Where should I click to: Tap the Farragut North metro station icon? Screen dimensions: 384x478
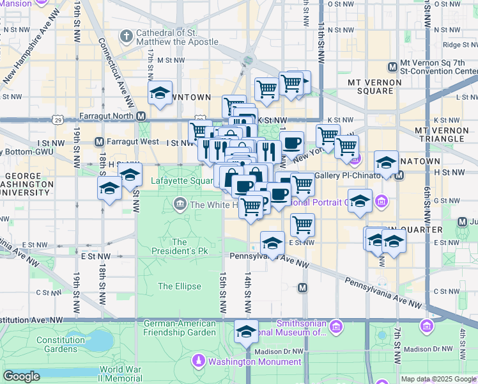pyautogui.click(x=141, y=116)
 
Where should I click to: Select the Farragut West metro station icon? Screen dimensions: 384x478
pyautogui.click(x=99, y=141)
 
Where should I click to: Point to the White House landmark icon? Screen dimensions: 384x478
pyautogui.click(x=180, y=205)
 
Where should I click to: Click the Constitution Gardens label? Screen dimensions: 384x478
pyautogui.click(x=61, y=344)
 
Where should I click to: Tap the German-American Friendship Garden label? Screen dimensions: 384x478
pyautogui.click(x=180, y=328)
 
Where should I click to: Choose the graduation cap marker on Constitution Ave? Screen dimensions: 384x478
pyautogui.click(x=246, y=332)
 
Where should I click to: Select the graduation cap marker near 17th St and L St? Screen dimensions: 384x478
pyautogui.click(x=160, y=93)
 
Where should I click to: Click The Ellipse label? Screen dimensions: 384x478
pyautogui.click(x=180, y=286)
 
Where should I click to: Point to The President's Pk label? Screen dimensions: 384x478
pyautogui.click(x=180, y=247)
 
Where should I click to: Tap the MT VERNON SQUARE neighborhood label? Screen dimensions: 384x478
pyautogui.click(x=374, y=86)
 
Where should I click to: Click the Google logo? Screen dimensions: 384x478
pyautogui.click(x=22, y=376)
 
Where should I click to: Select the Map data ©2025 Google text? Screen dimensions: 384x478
pyautogui.click(x=438, y=379)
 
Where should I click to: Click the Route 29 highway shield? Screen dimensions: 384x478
pyautogui.click(x=59, y=119)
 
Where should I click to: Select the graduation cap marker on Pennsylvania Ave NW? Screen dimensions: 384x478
pyautogui.click(x=273, y=243)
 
